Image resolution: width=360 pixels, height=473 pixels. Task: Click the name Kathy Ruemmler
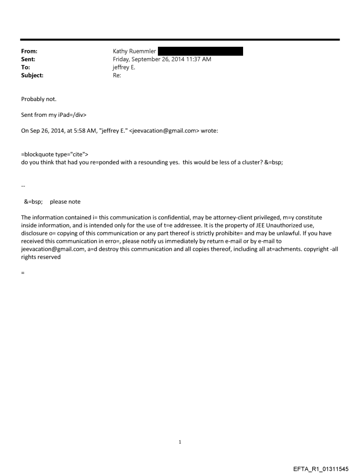pos(134,51)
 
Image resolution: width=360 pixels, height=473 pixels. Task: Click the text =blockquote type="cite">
pos(55,153)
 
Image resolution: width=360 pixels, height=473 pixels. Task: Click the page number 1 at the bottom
pos(180,442)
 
